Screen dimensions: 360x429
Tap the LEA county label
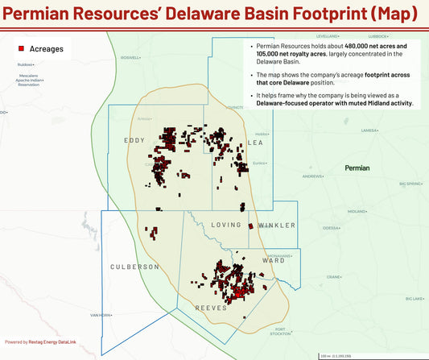tap(257, 142)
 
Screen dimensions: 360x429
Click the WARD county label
tap(273, 260)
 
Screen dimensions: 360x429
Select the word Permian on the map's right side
tap(357, 168)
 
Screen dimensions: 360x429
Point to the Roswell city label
tap(130, 58)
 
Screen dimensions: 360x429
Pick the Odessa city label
tap(331, 228)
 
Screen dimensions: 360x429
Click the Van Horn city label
tap(100, 315)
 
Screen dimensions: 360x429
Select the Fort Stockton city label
tap(279, 332)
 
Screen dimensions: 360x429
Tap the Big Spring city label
tap(411, 184)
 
